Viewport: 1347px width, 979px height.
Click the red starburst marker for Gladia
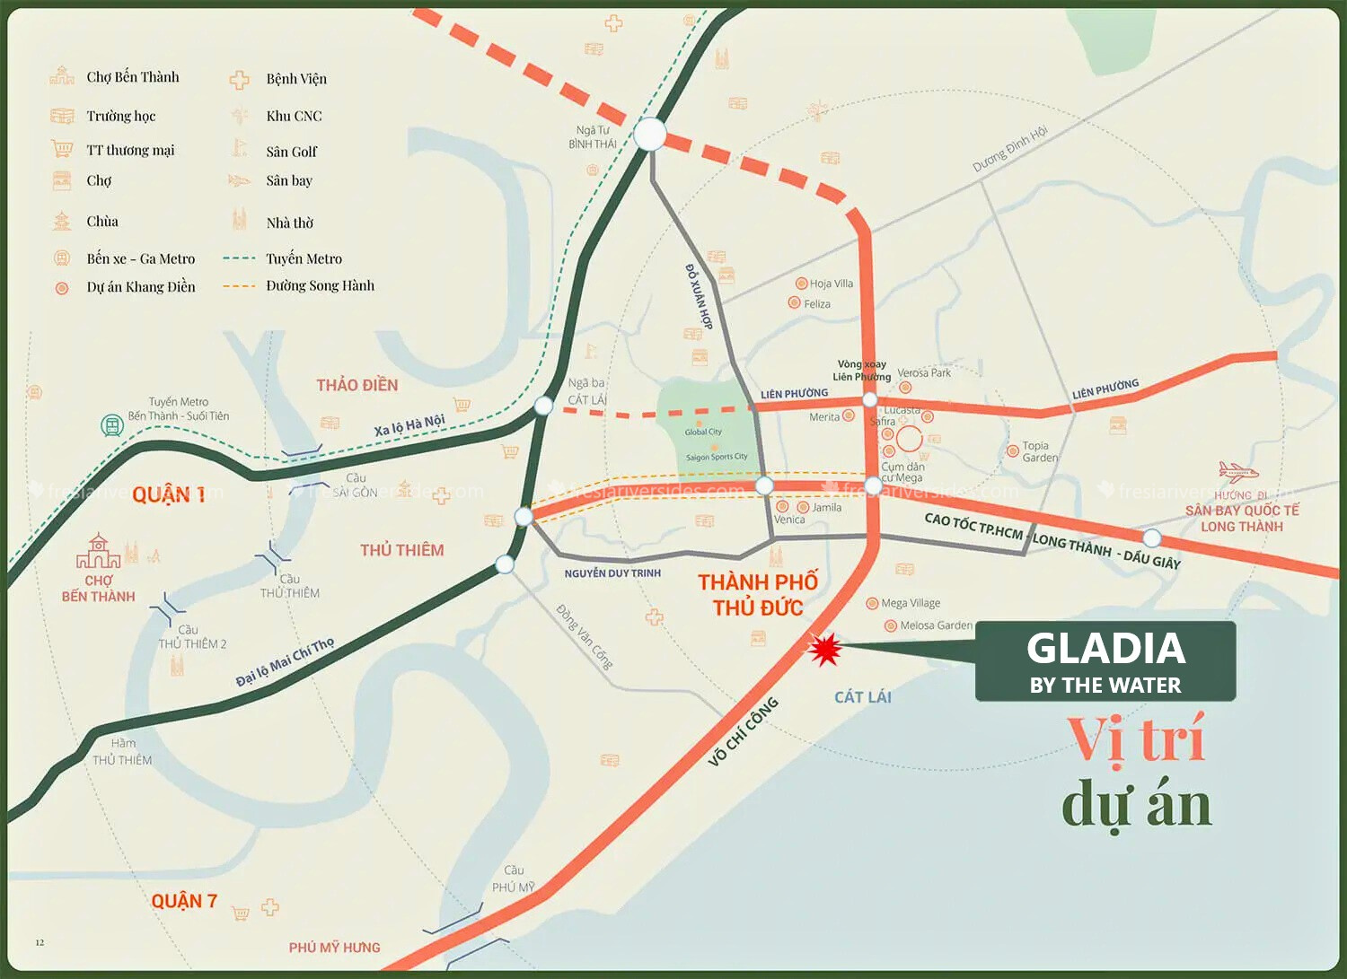click(x=823, y=648)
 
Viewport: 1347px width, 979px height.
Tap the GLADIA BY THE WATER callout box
click(x=1105, y=661)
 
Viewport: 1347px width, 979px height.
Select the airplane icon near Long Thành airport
click(x=1237, y=471)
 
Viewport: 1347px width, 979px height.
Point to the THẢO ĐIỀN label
click(x=357, y=385)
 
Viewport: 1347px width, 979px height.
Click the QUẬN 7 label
click(x=184, y=901)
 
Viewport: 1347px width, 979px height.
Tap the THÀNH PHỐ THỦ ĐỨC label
click(x=758, y=595)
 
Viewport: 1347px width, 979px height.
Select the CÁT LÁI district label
click(x=862, y=697)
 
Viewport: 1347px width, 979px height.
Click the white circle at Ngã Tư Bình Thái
click(x=650, y=135)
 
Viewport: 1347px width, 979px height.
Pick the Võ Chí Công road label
click(x=743, y=732)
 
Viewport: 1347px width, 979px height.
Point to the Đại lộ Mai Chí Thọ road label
click(x=285, y=662)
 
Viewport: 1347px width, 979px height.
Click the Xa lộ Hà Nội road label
click(x=409, y=425)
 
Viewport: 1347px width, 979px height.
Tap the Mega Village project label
click(x=911, y=603)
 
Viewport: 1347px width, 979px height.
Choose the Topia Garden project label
click(x=1039, y=451)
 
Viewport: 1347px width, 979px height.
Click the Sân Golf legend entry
click(x=291, y=152)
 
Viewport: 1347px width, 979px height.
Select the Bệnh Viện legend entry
click(x=296, y=79)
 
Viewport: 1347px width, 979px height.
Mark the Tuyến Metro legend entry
click(x=304, y=258)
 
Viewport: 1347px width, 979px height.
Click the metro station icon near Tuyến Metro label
click(x=111, y=425)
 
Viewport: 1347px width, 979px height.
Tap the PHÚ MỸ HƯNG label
click(x=334, y=948)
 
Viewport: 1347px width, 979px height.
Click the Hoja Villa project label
click(x=831, y=284)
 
